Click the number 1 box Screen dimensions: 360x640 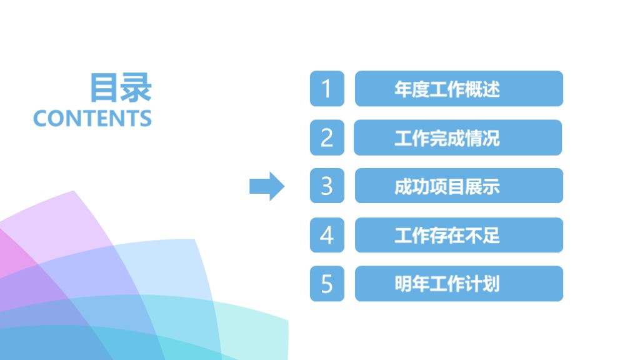(327, 89)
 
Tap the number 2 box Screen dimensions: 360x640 (327, 137)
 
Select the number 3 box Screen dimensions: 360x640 (327, 186)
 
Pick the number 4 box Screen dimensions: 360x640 (327, 235)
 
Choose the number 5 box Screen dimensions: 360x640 (327, 284)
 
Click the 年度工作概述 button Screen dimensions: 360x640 (459, 89)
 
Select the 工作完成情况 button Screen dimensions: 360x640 (457, 137)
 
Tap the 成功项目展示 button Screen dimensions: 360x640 (459, 186)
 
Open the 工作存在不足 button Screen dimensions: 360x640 (459, 235)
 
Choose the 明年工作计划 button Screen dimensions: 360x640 (459, 284)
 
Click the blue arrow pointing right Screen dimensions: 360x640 (267, 186)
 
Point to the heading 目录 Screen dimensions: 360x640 (121, 87)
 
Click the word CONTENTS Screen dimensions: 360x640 (92, 118)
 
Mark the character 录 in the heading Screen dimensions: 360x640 (136, 87)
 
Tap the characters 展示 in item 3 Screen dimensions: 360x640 (482, 186)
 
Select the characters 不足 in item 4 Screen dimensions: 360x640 (482, 236)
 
